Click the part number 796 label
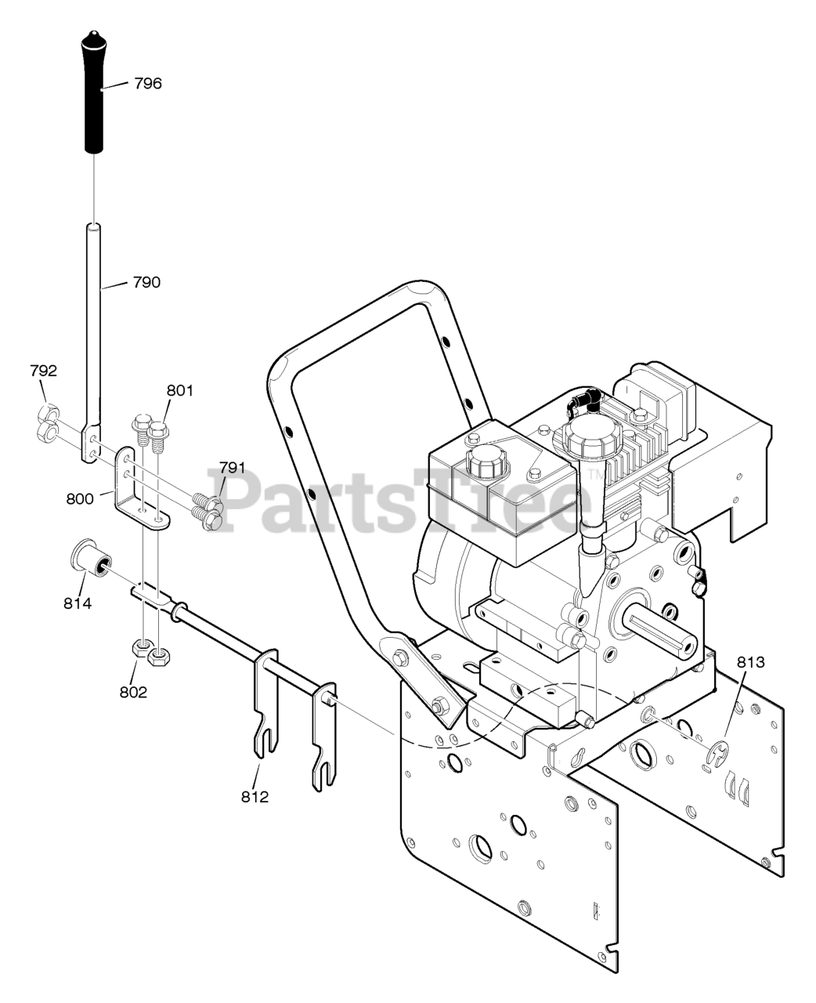147,83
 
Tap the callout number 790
145,282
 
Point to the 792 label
44,371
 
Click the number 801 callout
179,391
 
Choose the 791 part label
232,469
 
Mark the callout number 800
80,498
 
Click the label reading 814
78,603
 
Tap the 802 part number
133,692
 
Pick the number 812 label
255,797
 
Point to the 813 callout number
750,662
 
